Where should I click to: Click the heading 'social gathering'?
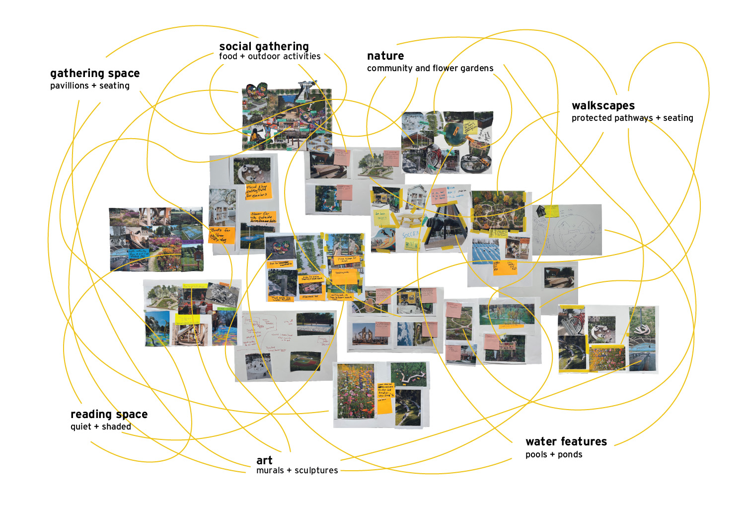264,46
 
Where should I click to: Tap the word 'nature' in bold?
385,56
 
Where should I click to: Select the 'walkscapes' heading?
603,105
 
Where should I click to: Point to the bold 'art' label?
264,460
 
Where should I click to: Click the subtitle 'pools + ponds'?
554,454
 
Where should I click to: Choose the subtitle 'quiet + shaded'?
101,426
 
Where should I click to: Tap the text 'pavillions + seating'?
90,85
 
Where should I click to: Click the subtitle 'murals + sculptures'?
297,470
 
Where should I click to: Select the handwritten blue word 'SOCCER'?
411,234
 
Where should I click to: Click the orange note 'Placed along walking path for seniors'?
257,191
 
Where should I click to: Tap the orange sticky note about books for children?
220,235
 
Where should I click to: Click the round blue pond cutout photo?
454,132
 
